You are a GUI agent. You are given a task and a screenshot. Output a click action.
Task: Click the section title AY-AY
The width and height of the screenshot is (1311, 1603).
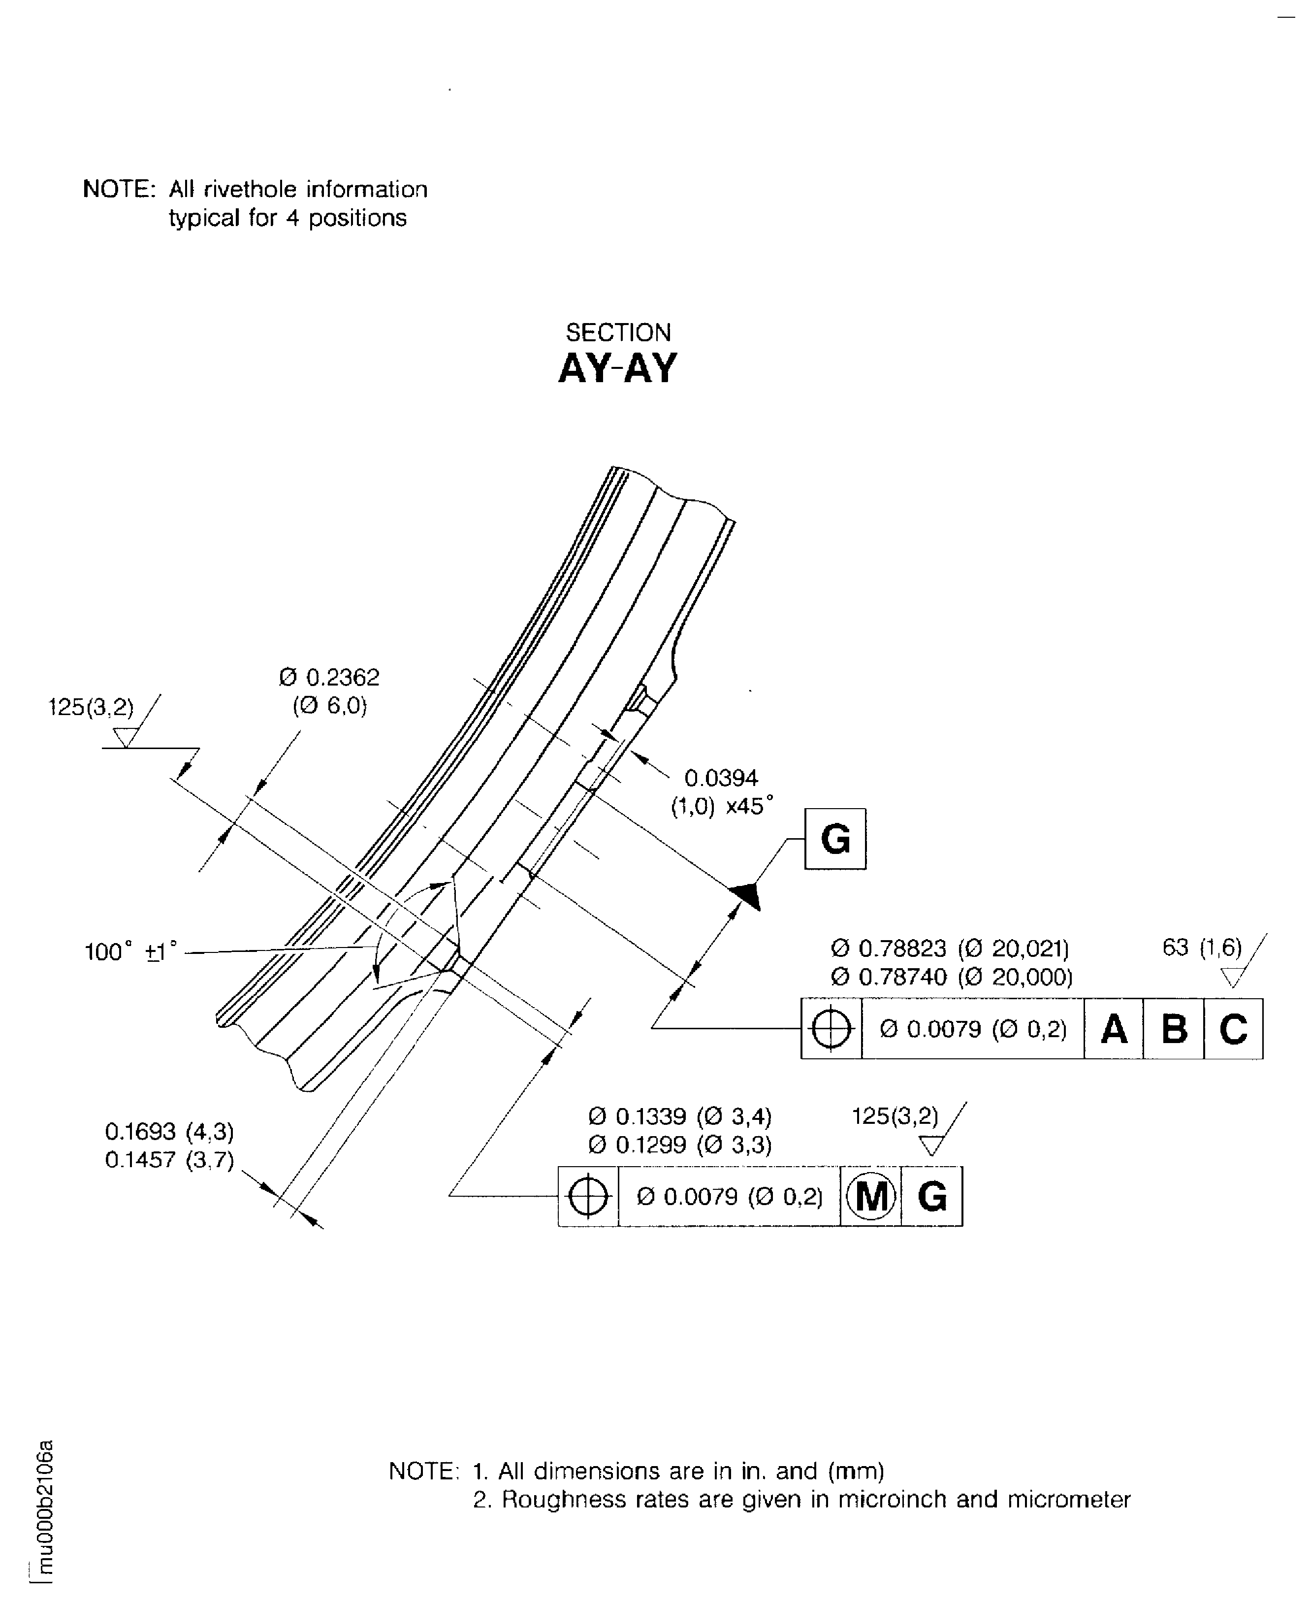[x=617, y=369]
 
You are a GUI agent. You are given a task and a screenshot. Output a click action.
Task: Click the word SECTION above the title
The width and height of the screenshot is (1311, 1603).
[x=618, y=332]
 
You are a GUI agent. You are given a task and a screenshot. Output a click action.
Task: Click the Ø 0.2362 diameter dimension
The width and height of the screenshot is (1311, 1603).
[x=329, y=677]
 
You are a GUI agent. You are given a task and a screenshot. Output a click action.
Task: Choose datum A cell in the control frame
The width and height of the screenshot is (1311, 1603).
[x=1114, y=1028]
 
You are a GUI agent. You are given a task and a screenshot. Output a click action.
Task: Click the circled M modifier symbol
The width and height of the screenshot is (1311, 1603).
[x=871, y=1197]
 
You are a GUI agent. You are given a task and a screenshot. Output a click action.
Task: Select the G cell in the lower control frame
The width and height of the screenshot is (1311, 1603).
[x=932, y=1197]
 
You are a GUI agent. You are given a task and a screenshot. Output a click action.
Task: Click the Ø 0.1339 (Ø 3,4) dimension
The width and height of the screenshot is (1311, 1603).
[x=680, y=1116]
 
